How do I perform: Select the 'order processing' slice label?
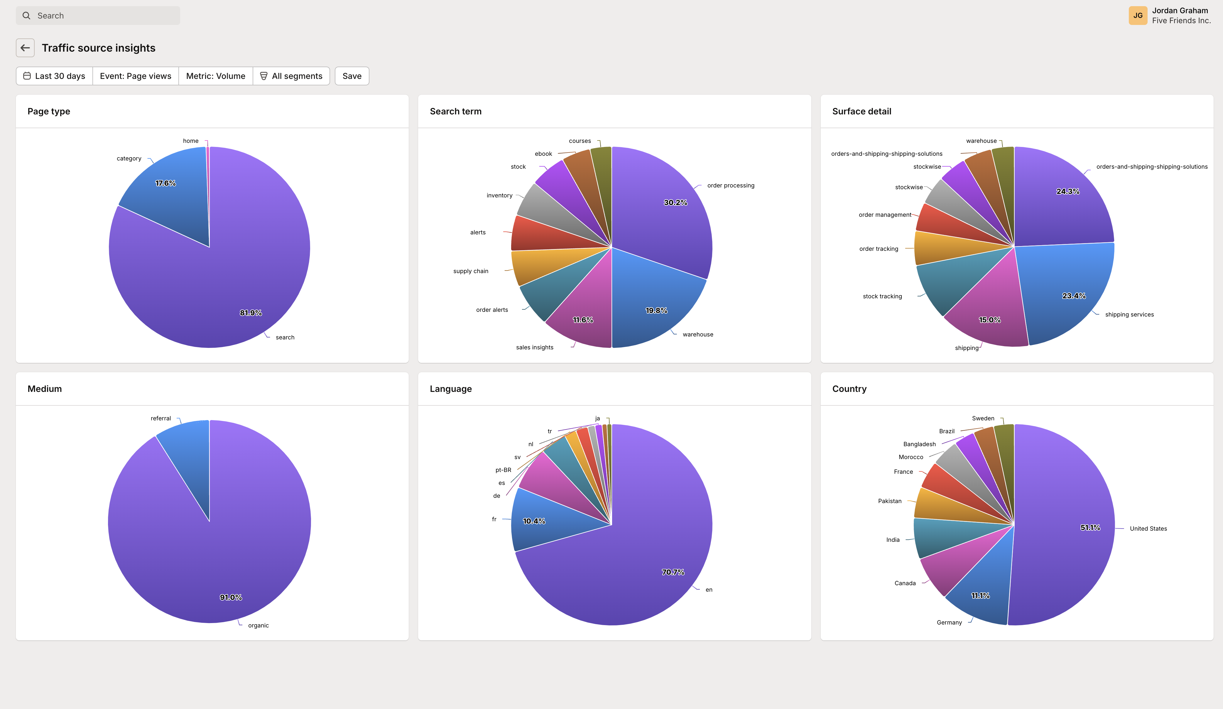coord(730,185)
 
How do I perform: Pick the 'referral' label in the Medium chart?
coord(161,418)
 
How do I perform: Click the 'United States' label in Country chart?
coord(1148,529)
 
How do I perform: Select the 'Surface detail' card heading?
coord(861,111)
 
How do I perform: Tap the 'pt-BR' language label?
coord(503,470)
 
